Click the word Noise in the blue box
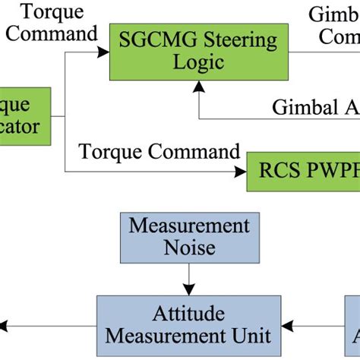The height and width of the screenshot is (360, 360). coord(189,248)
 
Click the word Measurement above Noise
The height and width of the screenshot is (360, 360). coord(189,226)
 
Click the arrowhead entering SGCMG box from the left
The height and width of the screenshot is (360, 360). coord(106,51)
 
